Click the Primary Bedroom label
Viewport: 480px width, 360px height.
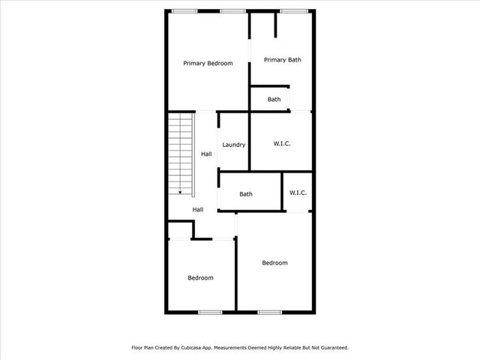tap(208, 64)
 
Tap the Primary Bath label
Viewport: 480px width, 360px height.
tap(283, 60)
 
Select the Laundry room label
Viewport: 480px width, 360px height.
tap(233, 145)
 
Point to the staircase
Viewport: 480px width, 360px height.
tap(180, 154)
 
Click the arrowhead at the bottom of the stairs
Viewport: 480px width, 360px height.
tap(180, 192)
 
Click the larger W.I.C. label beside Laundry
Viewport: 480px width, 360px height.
tap(282, 143)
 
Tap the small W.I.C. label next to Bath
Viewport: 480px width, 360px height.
tap(298, 193)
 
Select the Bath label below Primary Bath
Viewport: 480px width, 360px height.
tap(274, 99)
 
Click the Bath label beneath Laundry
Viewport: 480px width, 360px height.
tap(246, 194)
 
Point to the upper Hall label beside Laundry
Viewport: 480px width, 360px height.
tap(206, 154)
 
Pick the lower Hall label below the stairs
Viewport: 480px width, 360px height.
tap(198, 210)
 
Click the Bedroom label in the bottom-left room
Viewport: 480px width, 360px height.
tap(200, 278)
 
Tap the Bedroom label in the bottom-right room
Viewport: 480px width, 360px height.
tap(274, 262)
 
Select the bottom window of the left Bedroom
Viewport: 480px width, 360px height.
tap(210, 312)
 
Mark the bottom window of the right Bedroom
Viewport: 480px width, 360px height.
tap(269, 312)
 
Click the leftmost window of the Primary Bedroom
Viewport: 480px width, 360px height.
tap(184, 10)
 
